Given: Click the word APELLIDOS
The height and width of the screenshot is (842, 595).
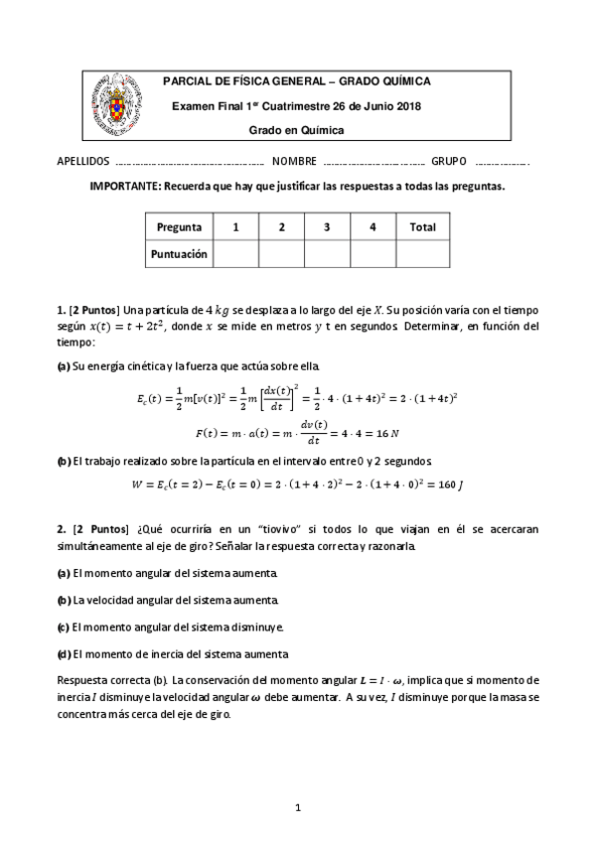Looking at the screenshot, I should pyautogui.click(x=83, y=162).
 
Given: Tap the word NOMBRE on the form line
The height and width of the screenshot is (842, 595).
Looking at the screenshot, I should pyautogui.click(x=294, y=162).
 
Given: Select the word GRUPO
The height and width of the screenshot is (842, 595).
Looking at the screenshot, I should pyautogui.click(x=449, y=162).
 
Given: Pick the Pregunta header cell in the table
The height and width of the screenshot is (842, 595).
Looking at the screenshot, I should pyautogui.click(x=179, y=227).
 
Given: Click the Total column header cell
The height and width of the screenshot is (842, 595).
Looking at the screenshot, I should pyautogui.click(x=422, y=227).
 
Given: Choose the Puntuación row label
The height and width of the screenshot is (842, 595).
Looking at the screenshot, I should pyautogui.click(x=179, y=254).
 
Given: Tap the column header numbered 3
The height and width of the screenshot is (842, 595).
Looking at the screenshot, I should pyautogui.click(x=327, y=227).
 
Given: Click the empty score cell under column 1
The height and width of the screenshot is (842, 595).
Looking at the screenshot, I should pyautogui.click(x=235, y=254).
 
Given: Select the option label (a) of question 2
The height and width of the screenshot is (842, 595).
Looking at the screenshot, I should pyautogui.click(x=64, y=574).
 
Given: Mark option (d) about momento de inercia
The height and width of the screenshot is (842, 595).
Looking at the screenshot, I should pyautogui.click(x=64, y=654).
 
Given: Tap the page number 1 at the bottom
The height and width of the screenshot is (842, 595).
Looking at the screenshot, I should pyautogui.click(x=297, y=807).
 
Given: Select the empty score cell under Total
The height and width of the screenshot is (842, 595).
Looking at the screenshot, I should pyautogui.click(x=422, y=254).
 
